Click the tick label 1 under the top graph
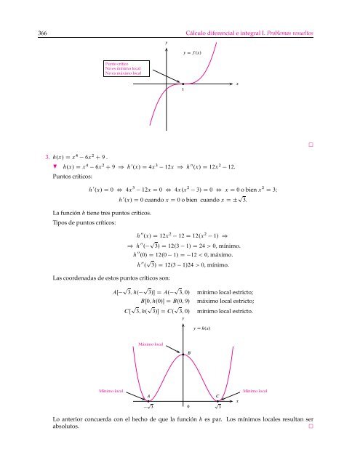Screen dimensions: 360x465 point(184,91)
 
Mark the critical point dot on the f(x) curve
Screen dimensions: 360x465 point(184,84)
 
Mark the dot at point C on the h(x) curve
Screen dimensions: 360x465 point(222,399)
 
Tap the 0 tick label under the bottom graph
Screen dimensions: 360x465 point(188,407)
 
